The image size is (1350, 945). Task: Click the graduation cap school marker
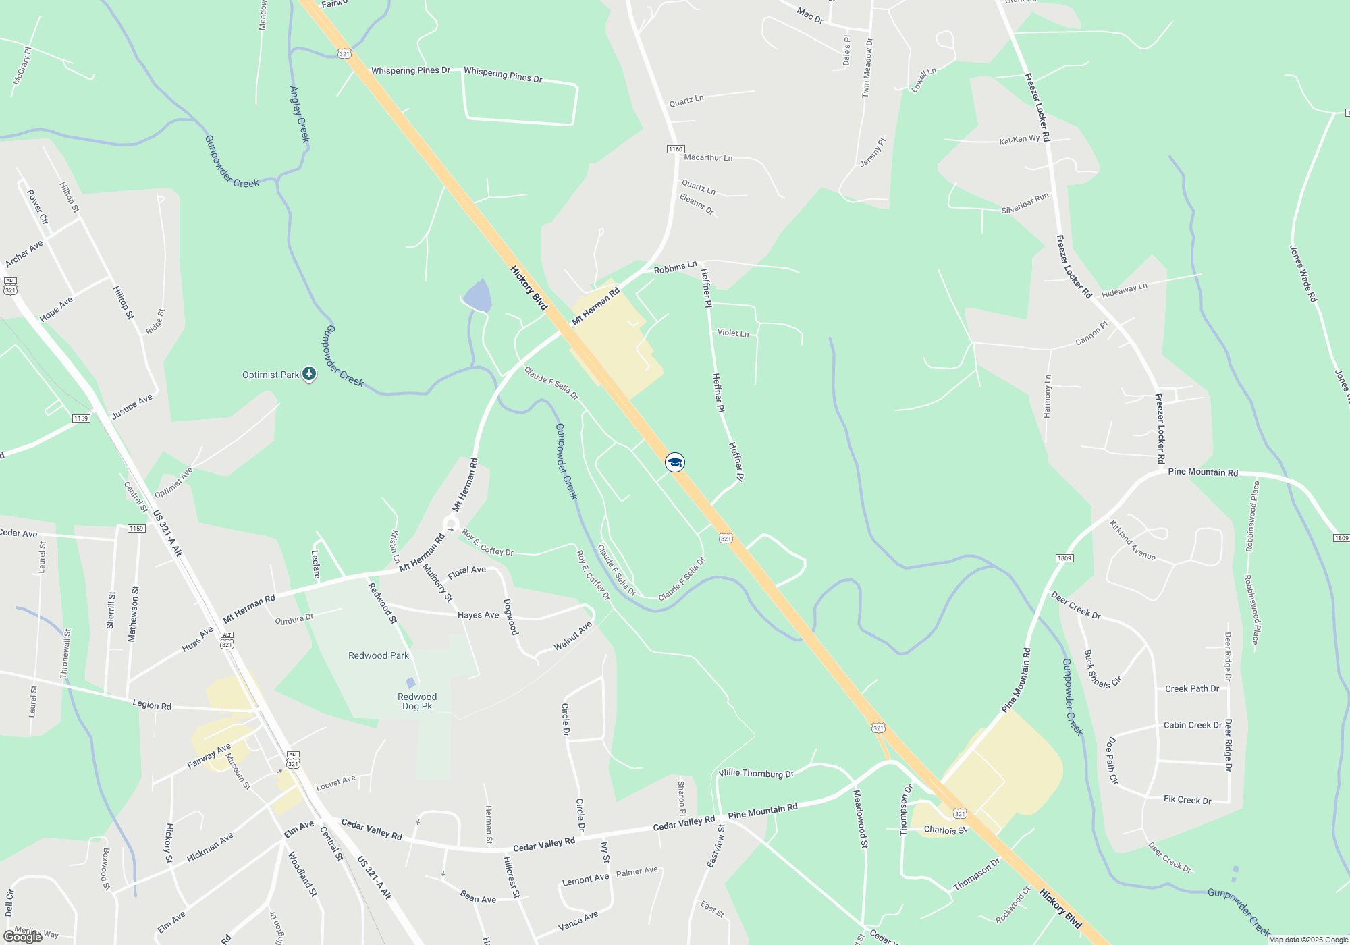click(x=675, y=462)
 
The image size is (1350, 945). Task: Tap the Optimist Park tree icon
click(x=309, y=373)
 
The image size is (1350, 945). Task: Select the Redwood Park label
click(x=379, y=655)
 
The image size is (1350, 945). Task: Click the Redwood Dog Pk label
click(x=417, y=701)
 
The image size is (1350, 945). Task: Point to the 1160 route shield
click(x=676, y=149)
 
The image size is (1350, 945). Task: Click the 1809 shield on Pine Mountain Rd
click(x=1064, y=558)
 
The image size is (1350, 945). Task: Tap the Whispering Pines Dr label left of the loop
click(x=410, y=70)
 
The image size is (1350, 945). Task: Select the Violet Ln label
click(x=732, y=333)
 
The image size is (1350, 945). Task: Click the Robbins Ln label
click(x=675, y=268)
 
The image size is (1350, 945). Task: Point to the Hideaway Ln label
click(x=1124, y=291)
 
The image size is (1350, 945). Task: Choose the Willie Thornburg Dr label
click(x=756, y=773)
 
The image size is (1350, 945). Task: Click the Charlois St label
click(x=945, y=830)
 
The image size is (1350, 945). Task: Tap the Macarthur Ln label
click(x=708, y=157)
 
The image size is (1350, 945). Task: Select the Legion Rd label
click(x=152, y=705)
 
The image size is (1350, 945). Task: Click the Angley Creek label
click(x=299, y=114)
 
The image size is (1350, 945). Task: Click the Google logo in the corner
click(x=23, y=936)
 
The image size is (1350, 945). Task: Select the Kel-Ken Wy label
click(x=1019, y=140)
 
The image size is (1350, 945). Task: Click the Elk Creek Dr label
click(x=1187, y=800)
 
